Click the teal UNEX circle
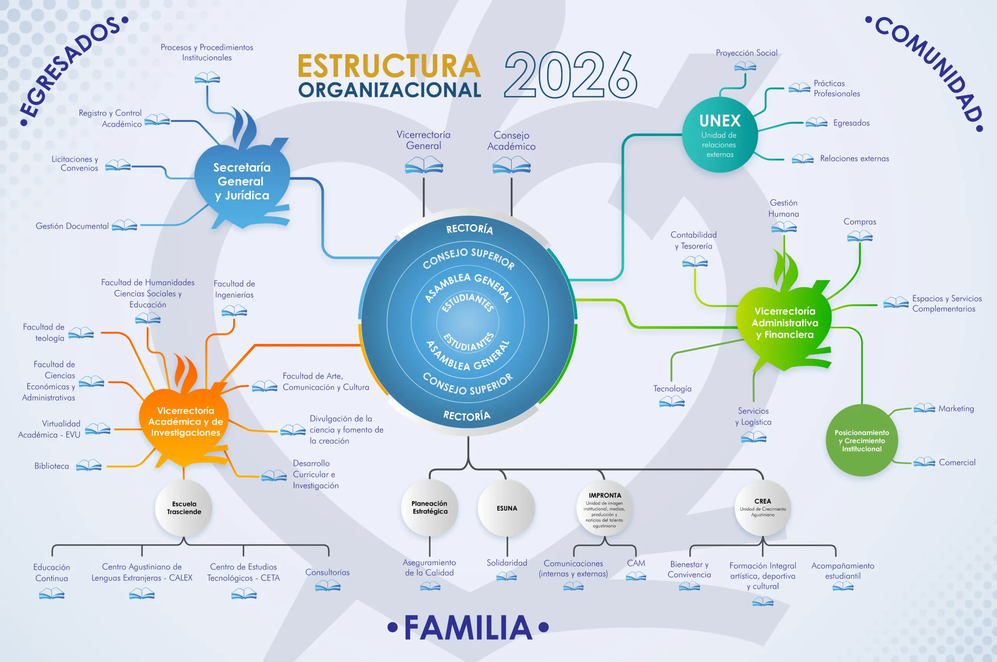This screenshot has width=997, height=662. (720, 135)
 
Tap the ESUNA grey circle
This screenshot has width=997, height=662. (507, 508)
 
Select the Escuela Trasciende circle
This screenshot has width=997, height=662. (184, 508)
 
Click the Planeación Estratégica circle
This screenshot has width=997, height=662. (430, 507)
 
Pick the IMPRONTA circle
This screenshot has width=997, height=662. (604, 508)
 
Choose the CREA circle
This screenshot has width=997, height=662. (763, 508)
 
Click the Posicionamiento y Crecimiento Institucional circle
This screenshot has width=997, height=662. (862, 440)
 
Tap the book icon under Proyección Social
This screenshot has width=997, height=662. (745, 66)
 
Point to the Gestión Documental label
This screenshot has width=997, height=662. (72, 226)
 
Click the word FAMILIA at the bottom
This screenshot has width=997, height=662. (468, 627)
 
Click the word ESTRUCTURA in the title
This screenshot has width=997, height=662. (389, 66)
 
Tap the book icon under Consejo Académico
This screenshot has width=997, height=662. (512, 165)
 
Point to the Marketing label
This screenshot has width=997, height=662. (956, 409)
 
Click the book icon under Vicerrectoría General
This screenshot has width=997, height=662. (424, 165)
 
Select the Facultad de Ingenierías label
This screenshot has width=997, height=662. (234, 289)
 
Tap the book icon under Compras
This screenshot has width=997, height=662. (860, 235)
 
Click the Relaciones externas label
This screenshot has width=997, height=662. (854, 158)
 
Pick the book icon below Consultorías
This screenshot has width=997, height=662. (328, 586)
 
